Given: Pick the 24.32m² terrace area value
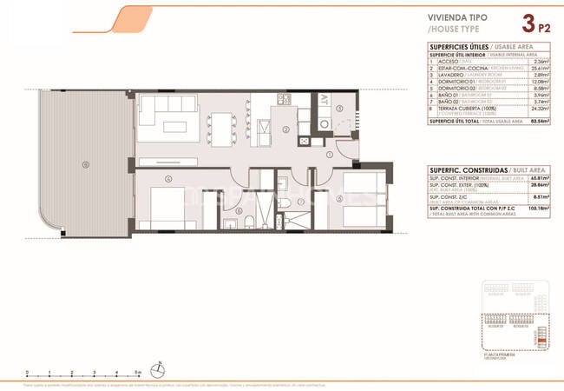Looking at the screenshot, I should (540, 109).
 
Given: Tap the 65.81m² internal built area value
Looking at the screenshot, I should (540, 176).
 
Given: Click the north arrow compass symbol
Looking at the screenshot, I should (156, 367).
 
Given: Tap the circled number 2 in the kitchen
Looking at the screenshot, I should (285, 130).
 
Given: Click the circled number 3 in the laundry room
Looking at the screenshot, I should (340, 109).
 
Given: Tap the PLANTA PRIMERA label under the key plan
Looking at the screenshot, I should (501, 354).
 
